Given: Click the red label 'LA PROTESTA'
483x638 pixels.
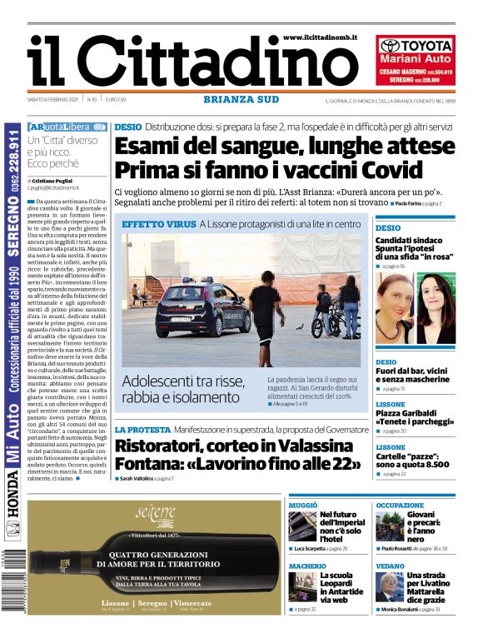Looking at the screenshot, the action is pyautogui.click(x=142, y=429).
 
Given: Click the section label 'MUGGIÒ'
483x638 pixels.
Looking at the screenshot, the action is pyautogui.click(x=303, y=506).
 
